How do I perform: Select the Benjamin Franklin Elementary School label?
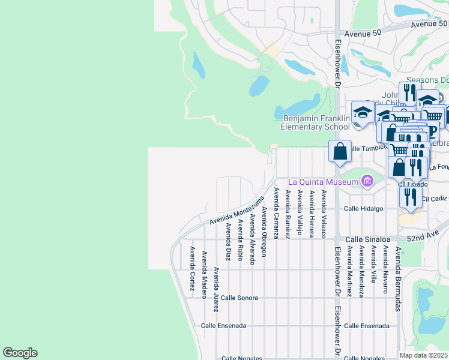(315, 122)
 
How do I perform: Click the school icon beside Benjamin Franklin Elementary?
(363, 113)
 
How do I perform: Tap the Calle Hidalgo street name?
(363, 209)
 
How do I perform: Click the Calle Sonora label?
(239, 298)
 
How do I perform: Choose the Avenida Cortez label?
(192, 268)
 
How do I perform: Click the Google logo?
(20, 353)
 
